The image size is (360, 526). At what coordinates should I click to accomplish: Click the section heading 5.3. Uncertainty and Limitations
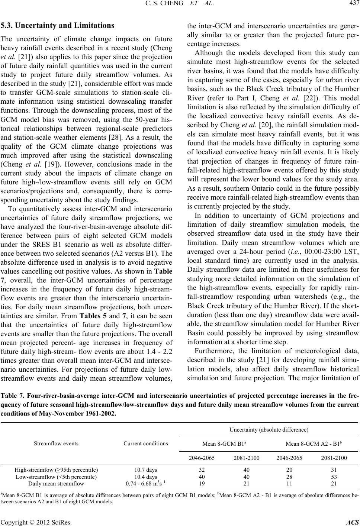59,26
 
